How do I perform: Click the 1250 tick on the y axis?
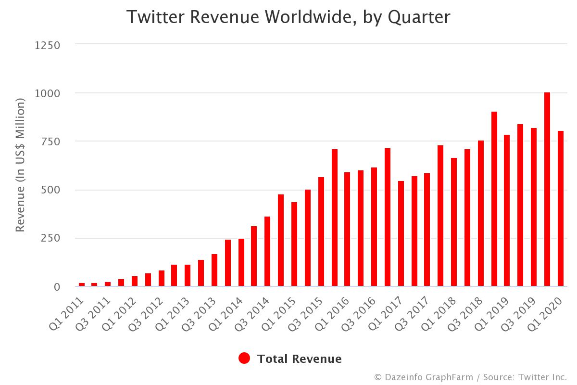pyautogui.click(x=47, y=45)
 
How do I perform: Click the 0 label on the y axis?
pyautogui.click(x=57, y=287)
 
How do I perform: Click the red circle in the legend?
pyautogui.click(x=244, y=359)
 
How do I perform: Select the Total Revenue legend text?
pyautogui.click(x=299, y=359)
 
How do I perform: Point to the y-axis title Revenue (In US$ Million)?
pyautogui.click(x=20, y=165)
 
